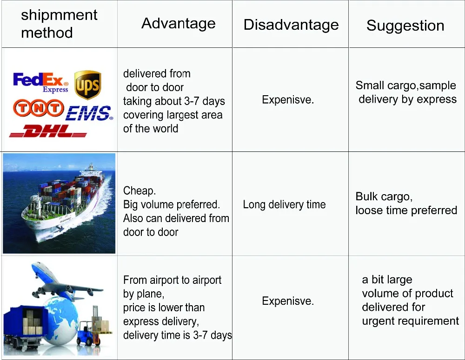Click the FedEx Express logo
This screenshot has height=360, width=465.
[x=40, y=82]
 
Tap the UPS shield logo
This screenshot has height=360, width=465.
[x=87, y=85]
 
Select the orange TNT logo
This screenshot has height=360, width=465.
[x=38, y=108]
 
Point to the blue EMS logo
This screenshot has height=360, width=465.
[x=89, y=113]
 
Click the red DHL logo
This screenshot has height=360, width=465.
[x=48, y=131]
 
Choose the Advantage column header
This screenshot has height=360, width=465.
[x=178, y=23]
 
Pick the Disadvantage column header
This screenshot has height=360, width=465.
[x=291, y=25]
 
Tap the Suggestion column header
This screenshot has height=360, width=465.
[x=405, y=26]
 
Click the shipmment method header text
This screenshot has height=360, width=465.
[x=59, y=24]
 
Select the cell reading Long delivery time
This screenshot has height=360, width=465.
[x=284, y=204]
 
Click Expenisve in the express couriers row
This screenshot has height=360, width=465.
[x=288, y=99]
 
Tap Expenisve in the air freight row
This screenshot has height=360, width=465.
[x=288, y=301]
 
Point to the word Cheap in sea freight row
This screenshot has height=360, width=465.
[x=139, y=191]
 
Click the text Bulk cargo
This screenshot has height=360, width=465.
[x=384, y=196]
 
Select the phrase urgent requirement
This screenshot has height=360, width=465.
[x=411, y=321]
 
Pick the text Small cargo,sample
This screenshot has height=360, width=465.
[x=405, y=85]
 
